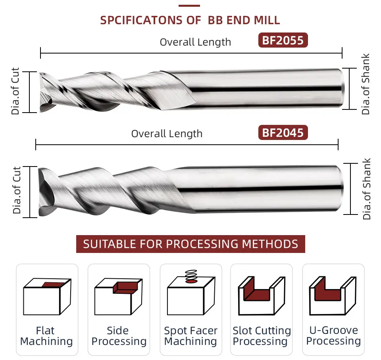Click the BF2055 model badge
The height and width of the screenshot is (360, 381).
(x=283, y=41)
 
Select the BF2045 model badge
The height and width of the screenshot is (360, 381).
(x=283, y=132)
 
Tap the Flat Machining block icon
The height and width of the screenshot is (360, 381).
(x=47, y=296)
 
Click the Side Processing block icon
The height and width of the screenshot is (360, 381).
(x=118, y=296)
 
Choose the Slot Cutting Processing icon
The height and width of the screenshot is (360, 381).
(x=262, y=295)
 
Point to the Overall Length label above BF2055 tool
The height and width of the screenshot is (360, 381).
(x=195, y=42)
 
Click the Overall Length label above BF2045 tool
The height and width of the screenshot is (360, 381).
(x=167, y=134)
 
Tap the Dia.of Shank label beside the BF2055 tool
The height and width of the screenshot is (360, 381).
(x=366, y=84)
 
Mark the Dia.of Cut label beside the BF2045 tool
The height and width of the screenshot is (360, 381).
(x=17, y=190)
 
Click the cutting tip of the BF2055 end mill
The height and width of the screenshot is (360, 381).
(x=44, y=92)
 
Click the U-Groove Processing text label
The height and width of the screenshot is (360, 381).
(x=333, y=336)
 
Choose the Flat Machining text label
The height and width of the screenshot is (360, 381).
(x=46, y=336)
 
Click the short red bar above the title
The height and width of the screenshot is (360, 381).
(x=189, y=6)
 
